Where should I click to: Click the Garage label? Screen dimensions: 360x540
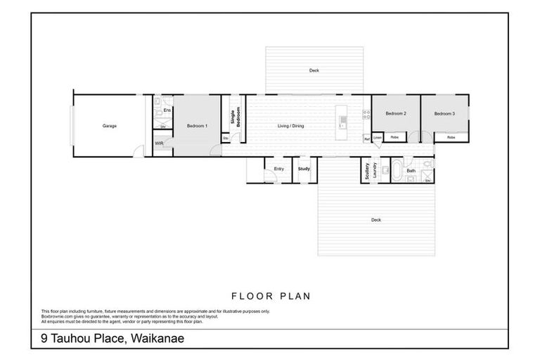[x=109, y=126]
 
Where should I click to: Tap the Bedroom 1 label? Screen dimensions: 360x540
[x=196, y=126]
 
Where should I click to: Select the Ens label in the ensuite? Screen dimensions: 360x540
[x=167, y=110]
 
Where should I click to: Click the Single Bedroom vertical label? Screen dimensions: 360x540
[x=236, y=116]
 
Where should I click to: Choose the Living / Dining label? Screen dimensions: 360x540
[x=290, y=126]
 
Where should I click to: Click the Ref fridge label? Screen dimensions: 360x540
[x=367, y=139]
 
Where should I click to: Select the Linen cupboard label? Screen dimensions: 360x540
[x=378, y=137]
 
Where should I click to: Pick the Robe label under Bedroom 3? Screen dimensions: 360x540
[x=451, y=137]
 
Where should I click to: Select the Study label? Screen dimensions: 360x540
[x=304, y=169]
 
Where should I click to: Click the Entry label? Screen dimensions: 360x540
[x=278, y=169]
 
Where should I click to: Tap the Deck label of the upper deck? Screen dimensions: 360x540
[x=314, y=70]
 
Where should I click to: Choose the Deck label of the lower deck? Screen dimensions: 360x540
[x=376, y=220]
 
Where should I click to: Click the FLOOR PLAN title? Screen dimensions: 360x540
[x=271, y=296]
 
